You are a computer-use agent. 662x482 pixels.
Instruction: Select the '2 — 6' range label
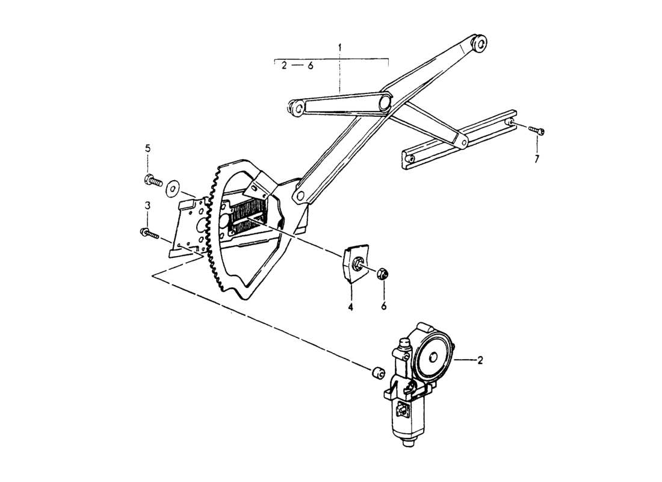click(297, 66)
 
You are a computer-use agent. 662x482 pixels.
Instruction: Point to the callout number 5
click(147, 148)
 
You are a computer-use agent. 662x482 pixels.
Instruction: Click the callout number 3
click(147, 206)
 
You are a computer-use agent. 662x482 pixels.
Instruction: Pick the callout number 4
click(350, 307)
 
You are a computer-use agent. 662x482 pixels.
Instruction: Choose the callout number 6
click(383, 307)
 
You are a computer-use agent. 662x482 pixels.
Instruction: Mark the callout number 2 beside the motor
click(480, 361)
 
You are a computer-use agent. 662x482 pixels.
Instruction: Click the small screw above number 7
click(537, 131)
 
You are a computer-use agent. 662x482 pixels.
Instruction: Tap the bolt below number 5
click(153, 179)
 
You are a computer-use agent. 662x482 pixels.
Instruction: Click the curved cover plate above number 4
click(351, 265)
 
